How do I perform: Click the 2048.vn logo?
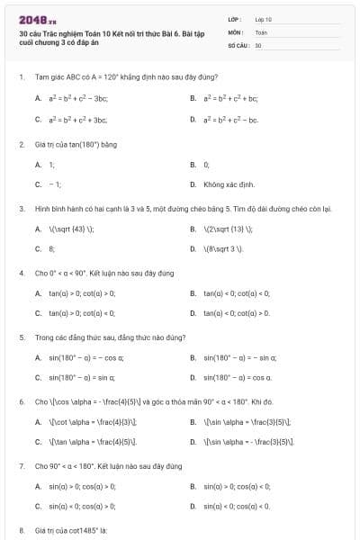(x=38, y=19)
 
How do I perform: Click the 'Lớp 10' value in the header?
(x=263, y=19)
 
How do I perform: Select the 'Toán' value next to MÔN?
(x=261, y=31)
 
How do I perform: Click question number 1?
(x=21, y=77)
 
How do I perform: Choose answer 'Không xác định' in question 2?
(x=225, y=184)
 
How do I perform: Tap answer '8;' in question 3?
(x=52, y=248)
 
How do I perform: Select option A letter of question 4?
(x=38, y=293)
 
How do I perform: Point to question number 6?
(x=21, y=401)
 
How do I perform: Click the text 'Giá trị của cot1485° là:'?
(x=71, y=531)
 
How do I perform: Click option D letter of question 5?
(x=193, y=377)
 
